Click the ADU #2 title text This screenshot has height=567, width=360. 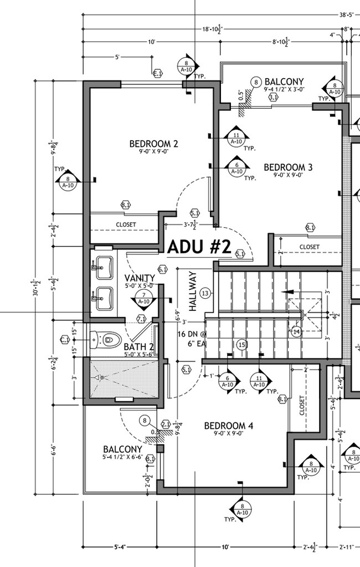[x=198, y=247]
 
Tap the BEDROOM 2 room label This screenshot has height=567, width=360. [x=153, y=144]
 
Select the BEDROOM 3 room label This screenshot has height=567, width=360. [x=288, y=167]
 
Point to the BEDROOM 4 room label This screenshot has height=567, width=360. [x=228, y=426]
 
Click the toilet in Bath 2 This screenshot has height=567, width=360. [x=106, y=338]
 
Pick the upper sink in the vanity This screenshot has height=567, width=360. [x=104, y=268]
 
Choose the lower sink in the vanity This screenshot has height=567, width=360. [x=104, y=299]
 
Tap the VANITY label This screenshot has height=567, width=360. [x=140, y=278]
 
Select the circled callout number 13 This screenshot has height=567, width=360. [x=206, y=293]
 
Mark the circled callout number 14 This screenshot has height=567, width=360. [x=296, y=332]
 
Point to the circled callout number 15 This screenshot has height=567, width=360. [x=241, y=345]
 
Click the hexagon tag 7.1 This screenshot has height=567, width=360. [x=141, y=319]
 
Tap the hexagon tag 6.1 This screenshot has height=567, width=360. [x=163, y=269]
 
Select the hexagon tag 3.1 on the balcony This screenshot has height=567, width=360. [x=272, y=97]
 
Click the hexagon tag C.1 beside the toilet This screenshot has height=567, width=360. [x=65, y=339]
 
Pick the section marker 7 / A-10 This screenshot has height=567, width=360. [x=144, y=298]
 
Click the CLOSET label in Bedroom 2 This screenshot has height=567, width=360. [x=126, y=224]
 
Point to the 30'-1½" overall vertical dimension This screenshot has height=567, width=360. [x=37, y=288]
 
